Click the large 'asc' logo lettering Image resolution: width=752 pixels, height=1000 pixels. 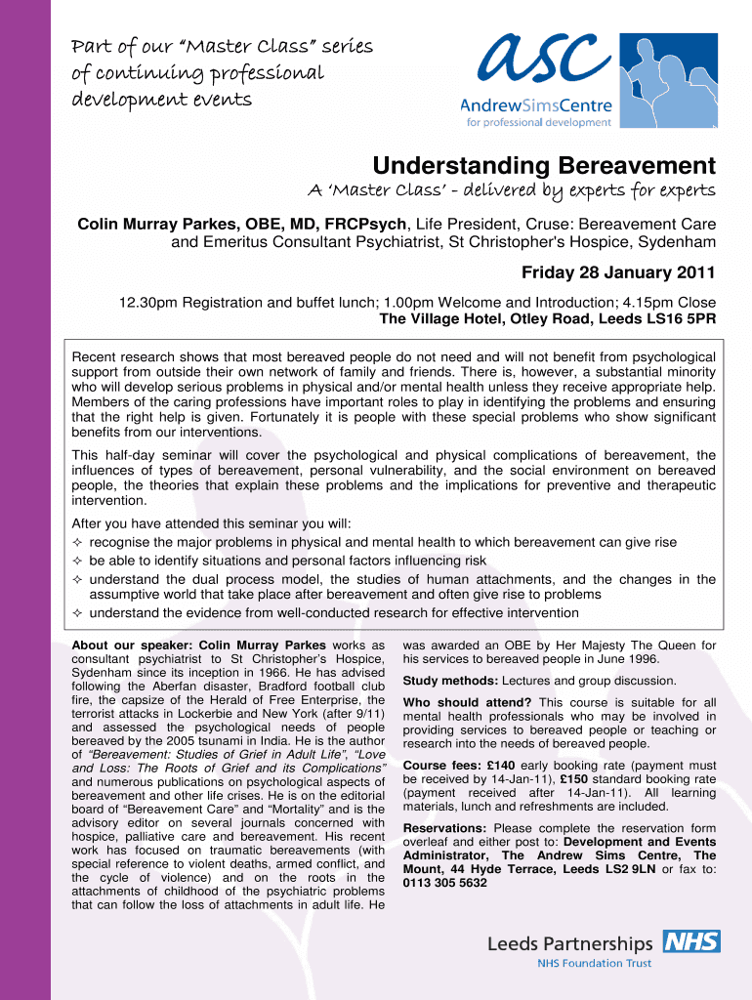pos(534,62)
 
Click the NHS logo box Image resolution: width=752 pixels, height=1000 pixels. pos(691,941)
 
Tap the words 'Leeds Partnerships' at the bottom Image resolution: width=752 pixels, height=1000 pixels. pos(570,943)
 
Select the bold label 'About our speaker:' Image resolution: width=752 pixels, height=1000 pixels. pos(133,646)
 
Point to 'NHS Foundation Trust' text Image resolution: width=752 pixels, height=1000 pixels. pos(594,963)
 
